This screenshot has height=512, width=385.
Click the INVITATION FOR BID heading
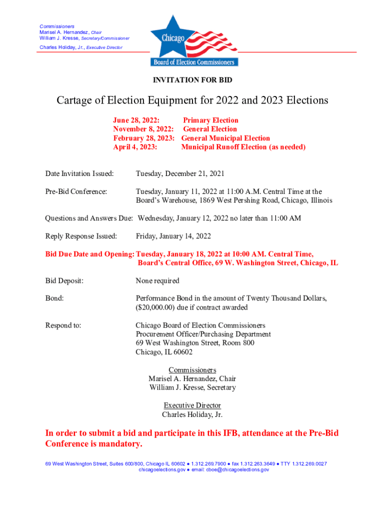click(x=192, y=80)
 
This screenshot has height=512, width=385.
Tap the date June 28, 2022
click(x=136, y=120)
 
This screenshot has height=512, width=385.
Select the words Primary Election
click(x=210, y=120)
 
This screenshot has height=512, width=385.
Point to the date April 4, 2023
click(x=135, y=147)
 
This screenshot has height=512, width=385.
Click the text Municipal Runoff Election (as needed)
click(x=243, y=147)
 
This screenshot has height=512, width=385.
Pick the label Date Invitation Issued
click(x=79, y=174)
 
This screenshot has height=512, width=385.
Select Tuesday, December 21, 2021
click(x=180, y=174)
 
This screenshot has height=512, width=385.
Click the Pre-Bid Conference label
click(x=76, y=191)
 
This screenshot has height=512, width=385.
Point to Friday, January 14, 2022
click(x=173, y=236)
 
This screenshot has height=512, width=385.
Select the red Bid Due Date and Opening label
click(x=89, y=254)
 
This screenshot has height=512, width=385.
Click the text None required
click(x=157, y=281)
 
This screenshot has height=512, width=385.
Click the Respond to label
click(x=63, y=325)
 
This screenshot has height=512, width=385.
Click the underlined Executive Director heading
click(x=192, y=405)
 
